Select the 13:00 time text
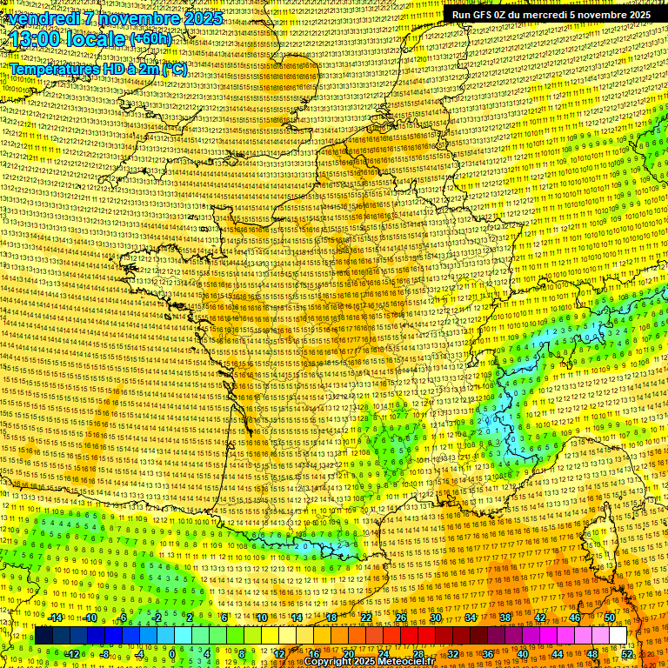click(35, 40)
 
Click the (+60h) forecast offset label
click(150, 39)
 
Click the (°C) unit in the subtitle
click(173, 69)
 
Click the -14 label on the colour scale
click(55, 618)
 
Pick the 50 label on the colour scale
click(609, 618)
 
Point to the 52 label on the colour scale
click(627, 653)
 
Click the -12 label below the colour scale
click(72, 653)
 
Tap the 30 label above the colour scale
click(435, 618)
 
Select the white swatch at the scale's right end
click(618, 636)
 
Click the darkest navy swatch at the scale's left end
click(43, 636)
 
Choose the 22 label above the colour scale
click(365, 618)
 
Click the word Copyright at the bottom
click(328, 662)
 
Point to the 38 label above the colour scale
click(504, 618)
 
